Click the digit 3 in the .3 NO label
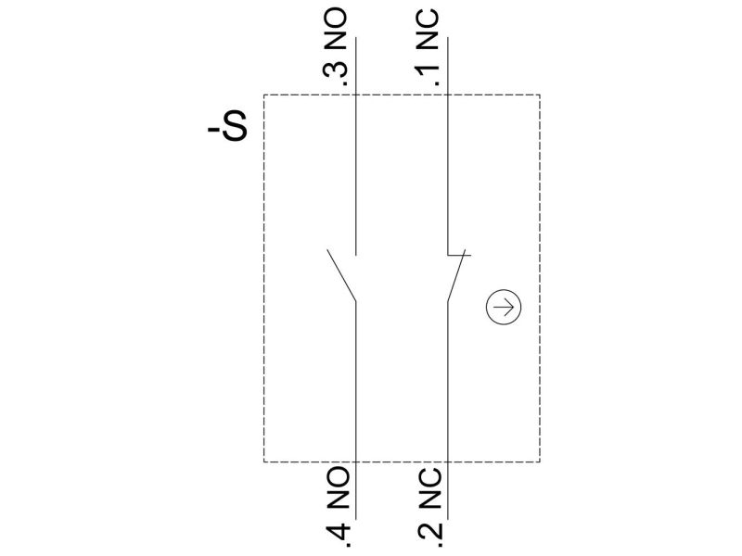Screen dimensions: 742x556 [x=336, y=70]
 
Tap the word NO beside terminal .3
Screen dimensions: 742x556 [x=336, y=30]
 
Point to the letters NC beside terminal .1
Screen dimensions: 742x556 [x=428, y=30]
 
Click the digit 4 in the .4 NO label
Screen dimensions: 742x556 [x=338, y=532]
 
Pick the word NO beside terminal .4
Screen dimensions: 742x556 [x=338, y=488]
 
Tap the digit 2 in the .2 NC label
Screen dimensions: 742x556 [x=430, y=532]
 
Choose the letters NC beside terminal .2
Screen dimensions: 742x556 [x=430, y=488]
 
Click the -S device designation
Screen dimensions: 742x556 [x=227, y=126]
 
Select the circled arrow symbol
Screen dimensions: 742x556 [x=504, y=307]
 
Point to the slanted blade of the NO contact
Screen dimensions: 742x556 [x=341, y=275]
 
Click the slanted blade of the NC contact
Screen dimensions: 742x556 [x=456, y=275]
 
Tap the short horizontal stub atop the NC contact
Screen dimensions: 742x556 [x=459, y=256]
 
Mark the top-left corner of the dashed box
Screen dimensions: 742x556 [x=264, y=95]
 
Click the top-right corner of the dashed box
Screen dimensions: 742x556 [x=540, y=95]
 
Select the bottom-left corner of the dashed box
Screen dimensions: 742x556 [x=264, y=461]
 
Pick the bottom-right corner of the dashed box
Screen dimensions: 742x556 [x=540, y=461]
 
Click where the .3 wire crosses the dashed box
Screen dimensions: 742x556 [x=356, y=95]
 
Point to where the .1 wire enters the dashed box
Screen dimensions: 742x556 [x=448, y=95]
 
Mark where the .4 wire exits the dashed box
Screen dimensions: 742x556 [x=356, y=461]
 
